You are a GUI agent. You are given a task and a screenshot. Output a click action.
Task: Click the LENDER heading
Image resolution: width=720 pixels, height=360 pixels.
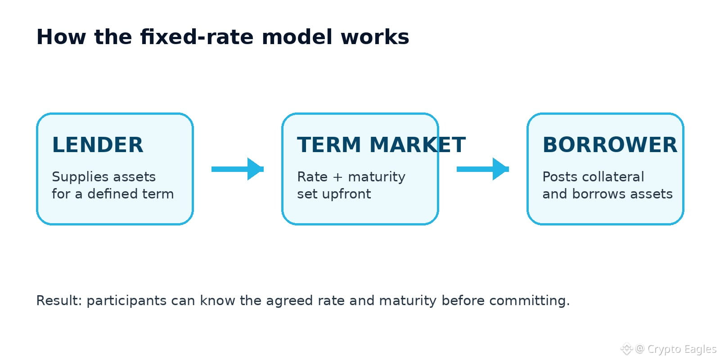tap(98, 144)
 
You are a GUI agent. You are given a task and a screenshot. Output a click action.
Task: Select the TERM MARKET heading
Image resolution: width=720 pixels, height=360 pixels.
tap(381, 144)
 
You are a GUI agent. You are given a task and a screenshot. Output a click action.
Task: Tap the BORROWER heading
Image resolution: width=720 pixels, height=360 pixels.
tap(610, 144)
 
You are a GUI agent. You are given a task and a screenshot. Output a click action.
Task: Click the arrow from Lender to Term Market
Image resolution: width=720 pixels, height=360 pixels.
tap(238, 169)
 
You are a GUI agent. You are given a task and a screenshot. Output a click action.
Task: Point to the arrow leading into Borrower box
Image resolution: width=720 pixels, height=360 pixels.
tap(483, 169)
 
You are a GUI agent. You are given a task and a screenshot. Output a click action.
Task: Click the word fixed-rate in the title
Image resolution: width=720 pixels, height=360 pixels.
tap(197, 37)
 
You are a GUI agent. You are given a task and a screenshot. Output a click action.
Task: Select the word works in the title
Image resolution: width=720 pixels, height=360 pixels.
tap(375, 37)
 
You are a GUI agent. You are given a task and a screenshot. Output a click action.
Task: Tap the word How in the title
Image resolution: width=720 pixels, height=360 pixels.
tap(61, 37)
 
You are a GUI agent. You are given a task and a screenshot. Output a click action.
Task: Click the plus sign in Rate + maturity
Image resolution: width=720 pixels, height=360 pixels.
tap(338, 177)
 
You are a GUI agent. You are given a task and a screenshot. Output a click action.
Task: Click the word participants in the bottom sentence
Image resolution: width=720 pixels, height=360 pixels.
tap(126, 301)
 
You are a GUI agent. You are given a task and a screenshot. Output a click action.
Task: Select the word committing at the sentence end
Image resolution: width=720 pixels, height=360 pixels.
tap(529, 301)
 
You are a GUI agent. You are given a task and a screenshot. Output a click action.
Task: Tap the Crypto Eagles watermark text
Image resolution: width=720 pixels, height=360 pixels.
tap(682, 349)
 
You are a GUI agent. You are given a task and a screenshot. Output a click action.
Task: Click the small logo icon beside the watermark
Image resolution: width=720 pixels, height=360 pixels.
tap(626, 349)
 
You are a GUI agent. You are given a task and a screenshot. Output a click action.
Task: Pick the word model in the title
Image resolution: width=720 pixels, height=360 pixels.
tap(297, 37)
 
